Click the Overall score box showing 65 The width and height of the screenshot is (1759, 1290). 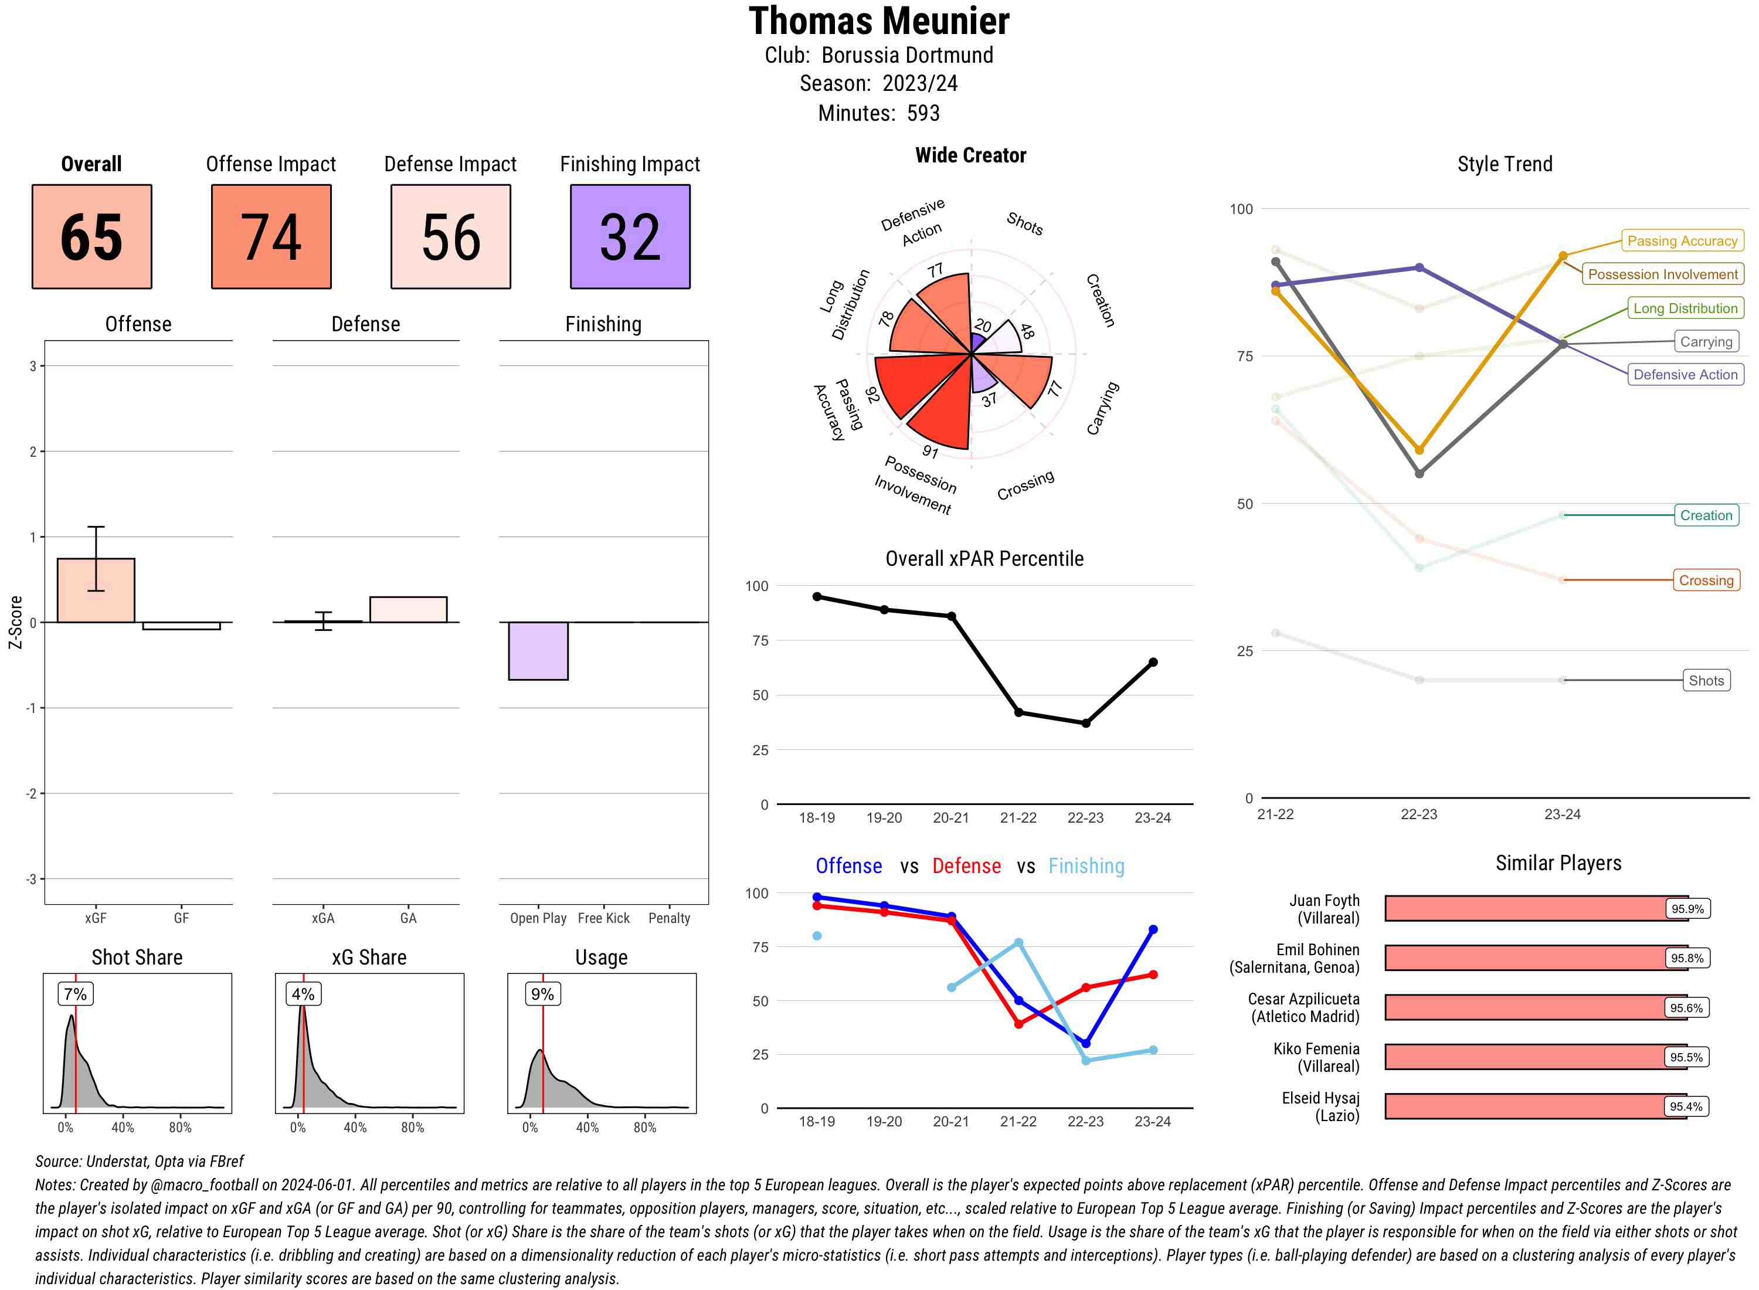pyautogui.click(x=91, y=237)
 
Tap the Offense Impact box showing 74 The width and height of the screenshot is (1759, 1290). pyautogui.click(x=271, y=237)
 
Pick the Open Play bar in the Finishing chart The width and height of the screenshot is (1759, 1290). pyautogui.click(x=538, y=650)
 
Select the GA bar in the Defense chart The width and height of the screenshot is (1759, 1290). pyautogui.click(x=408, y=610)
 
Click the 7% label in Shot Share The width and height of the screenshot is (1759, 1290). pyautogui.click(x=75, y=994)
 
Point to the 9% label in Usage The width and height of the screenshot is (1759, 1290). pyautogui.click(x=542, y=994)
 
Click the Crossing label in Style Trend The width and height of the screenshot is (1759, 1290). pyautogui.click(x=1705, y=580)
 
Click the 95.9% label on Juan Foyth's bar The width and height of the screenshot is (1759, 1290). pyautogui.click(x=1686, y=909)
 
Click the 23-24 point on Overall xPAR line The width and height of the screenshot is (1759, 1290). pyautogui.click(x=1153, y=662)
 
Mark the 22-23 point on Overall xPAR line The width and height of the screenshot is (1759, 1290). pyautogui.click(x=1085, y=723)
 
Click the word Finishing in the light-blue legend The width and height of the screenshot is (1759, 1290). pyautogui.click(x=1086, y=866)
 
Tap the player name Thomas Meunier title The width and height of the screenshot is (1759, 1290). pyautogui.click(x=879, y=21)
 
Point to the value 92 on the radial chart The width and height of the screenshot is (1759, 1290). pyautogui.click(x=872, y=395)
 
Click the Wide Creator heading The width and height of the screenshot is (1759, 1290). pyautogui.click(x=970, y=155)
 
